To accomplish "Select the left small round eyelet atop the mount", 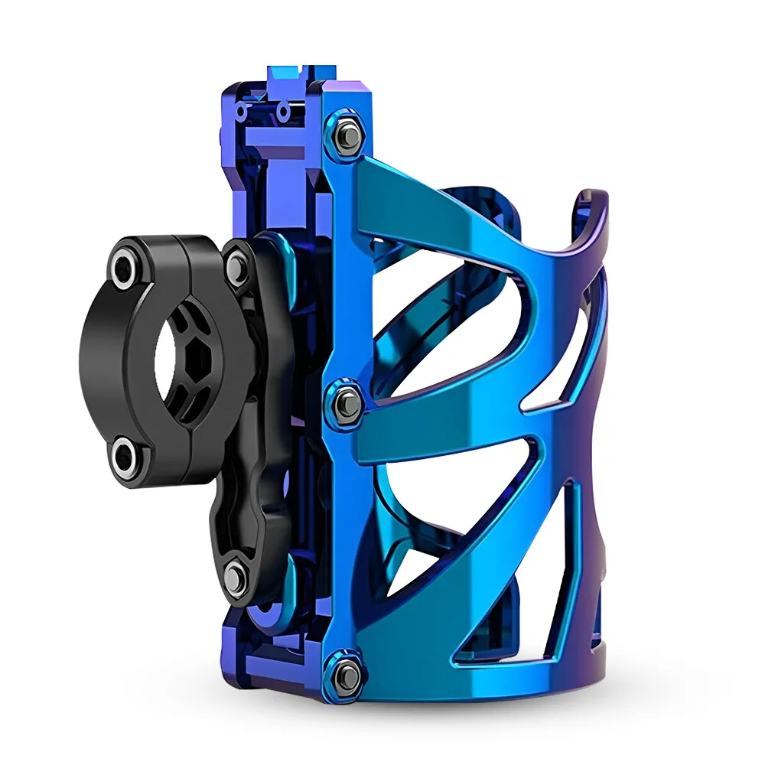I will pyautogui.click(x=242, y=112).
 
